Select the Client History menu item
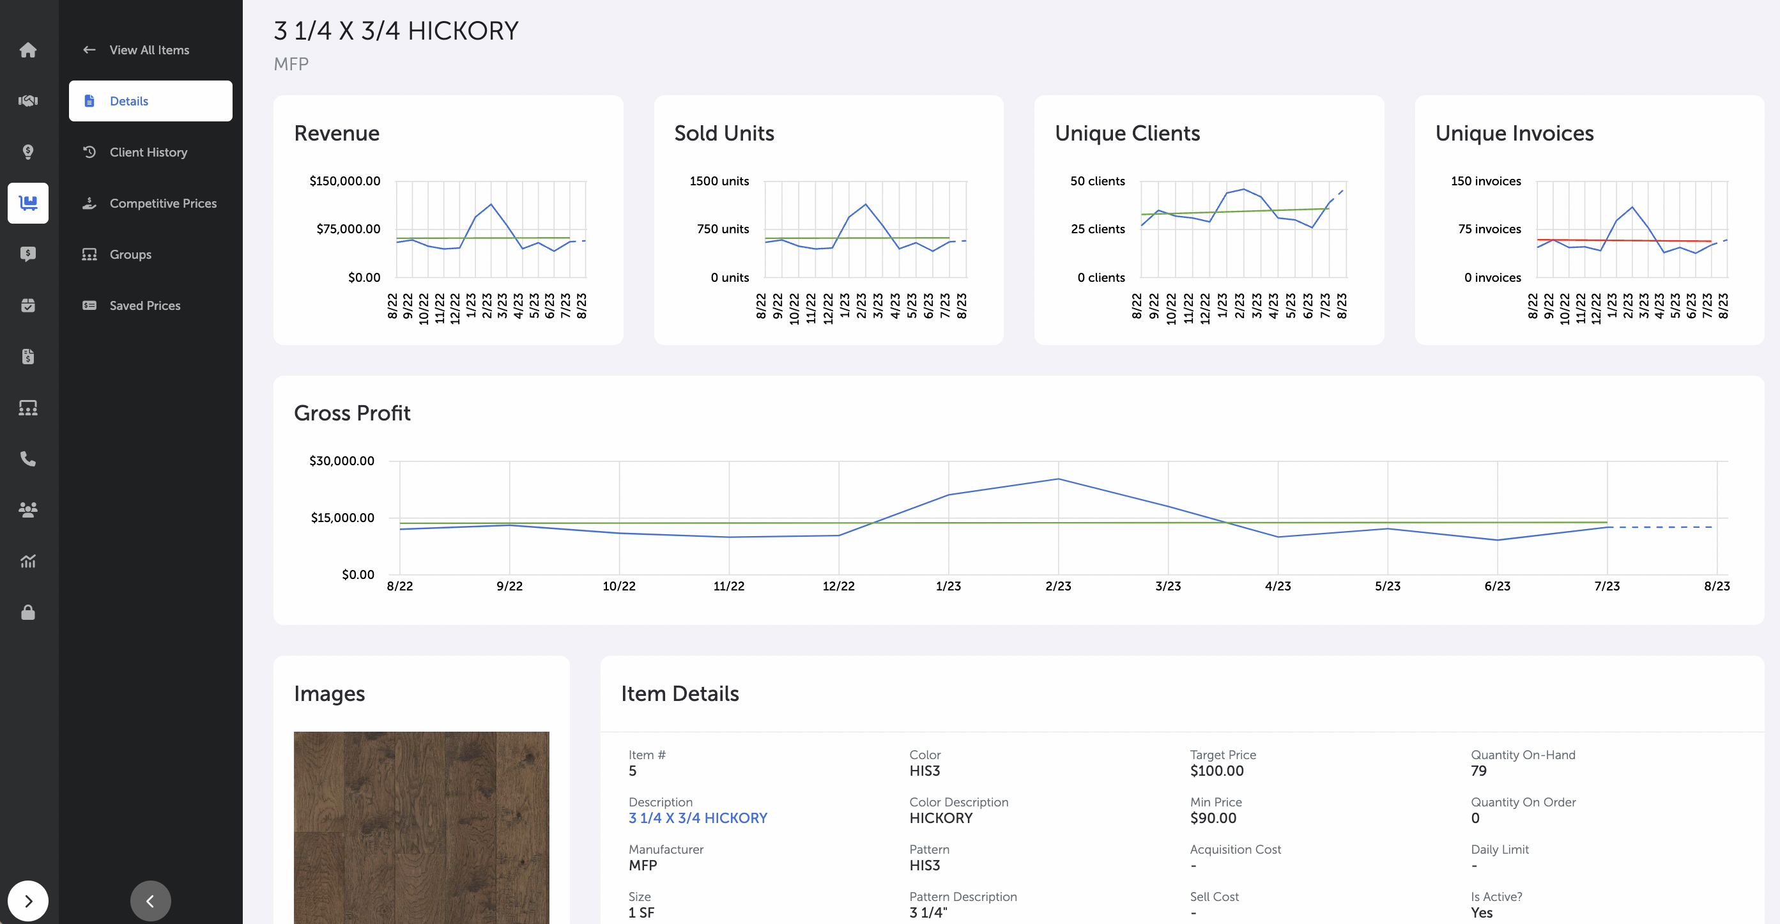tap(148, 152)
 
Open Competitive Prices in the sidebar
tap(162, 203)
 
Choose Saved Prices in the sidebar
tap(144, 305)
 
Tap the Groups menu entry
tap(130, 254)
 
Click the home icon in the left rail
tap(27, 50)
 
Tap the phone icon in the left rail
tap(27, 459)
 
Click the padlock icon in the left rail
tap(27, 612)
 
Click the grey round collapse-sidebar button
tap(150, 900)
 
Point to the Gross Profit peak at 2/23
tap(1058, 479)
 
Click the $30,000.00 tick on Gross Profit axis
tap(341, 461)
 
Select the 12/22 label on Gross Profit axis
tap(838, 586)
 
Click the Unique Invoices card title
tap(1514, 134)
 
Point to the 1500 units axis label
tap(719, 181)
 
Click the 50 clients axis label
tap(1096, 181)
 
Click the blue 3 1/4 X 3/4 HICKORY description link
tap(697, 819)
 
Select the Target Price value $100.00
tap(1216, 771)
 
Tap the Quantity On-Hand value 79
tap(1478, 771)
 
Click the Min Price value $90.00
tap(1213, 819)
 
